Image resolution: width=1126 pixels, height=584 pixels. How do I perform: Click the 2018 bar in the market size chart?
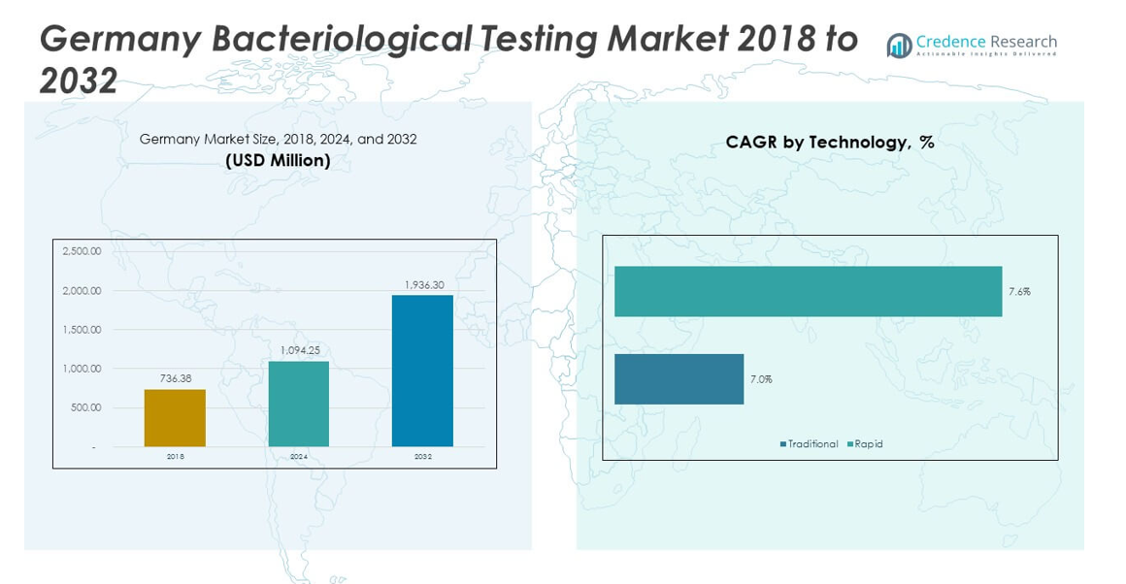tap(175, 418)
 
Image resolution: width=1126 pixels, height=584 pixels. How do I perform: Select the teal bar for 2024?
tap(298, 404)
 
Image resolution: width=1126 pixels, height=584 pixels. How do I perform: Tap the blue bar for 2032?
tap(422, 371)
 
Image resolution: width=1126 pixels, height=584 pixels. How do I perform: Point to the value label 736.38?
tap(175, 378)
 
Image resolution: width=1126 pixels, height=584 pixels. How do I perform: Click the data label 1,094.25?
tap(299, 350)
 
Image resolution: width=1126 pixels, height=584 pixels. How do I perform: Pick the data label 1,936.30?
tap(422, 284)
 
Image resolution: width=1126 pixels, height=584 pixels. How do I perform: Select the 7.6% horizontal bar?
tap(808, 291)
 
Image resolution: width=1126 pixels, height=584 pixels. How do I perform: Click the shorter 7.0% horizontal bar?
tap(679, 378)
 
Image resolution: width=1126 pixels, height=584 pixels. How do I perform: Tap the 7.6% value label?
tap(1019, 291)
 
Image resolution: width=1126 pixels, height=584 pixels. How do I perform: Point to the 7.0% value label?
tap(761, 379)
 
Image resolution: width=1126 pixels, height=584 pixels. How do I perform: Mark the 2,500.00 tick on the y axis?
tap(82, 251)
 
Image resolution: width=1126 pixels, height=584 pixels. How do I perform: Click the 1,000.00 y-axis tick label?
tap(82, 369)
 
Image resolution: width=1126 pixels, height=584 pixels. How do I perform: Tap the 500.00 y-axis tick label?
tap(85, 407)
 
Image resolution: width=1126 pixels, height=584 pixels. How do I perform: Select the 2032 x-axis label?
tap(422, 456)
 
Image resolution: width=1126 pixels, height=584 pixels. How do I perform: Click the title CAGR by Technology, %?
tap(830, 143)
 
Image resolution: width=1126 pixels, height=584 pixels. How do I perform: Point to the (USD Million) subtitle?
tap(278, 161)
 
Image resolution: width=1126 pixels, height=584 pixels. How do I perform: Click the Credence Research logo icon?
tap(899, 46)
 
